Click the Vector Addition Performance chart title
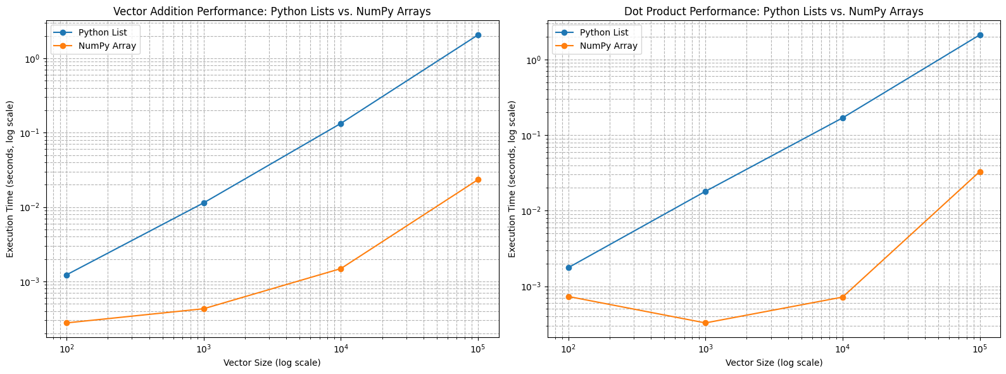(272, 11)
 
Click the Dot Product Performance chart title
(774, 11)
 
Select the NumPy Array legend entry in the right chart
(608, 46)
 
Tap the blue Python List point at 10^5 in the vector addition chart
(478, 35)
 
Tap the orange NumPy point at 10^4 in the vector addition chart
(341, 269)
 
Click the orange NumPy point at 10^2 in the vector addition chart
(66, 323)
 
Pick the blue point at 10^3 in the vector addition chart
(204, 203)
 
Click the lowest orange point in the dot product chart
(705, 323)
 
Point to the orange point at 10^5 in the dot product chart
(980, 172)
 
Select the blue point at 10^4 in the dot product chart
(843, 118)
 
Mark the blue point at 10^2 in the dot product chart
(569, 268)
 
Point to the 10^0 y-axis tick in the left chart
(32, 59)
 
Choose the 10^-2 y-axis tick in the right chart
(533, 211)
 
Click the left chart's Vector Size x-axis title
(272, 363)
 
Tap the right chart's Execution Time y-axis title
(512, 179)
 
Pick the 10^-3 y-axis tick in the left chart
(32, 282)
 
